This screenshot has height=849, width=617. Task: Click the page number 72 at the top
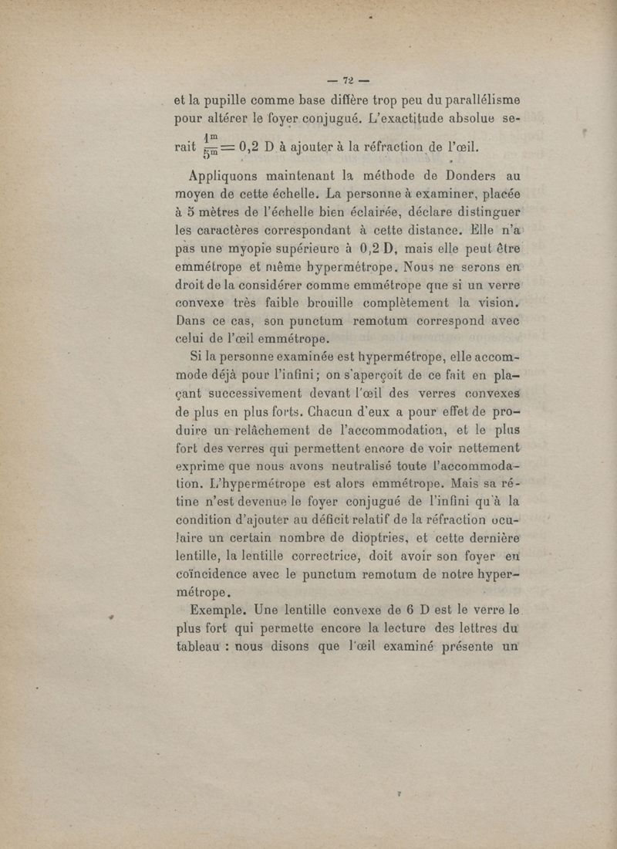click(347, 79)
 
